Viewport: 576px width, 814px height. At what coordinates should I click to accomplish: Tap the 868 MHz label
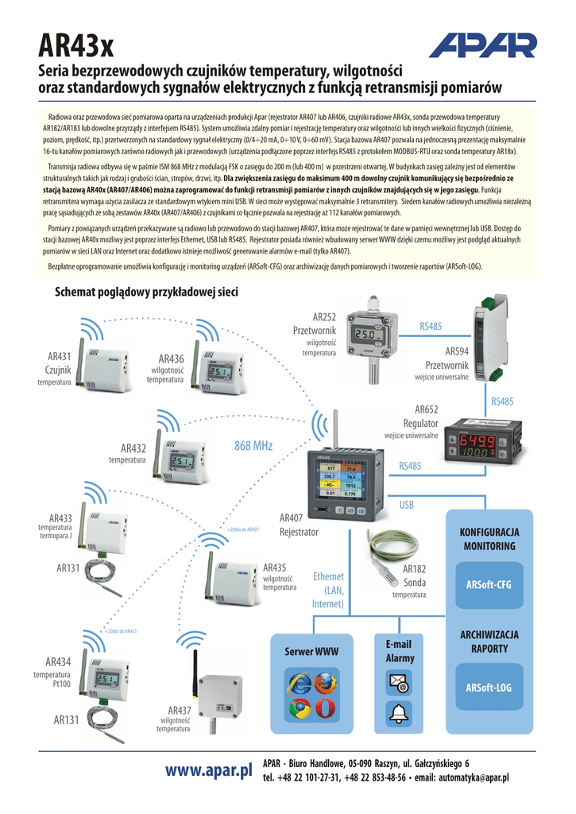pyautogui.click(x=253, y=446)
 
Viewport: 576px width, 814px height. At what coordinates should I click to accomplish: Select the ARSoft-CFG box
pyautogui.click(x=488, y=585)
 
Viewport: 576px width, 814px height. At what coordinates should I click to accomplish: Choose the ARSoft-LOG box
pyautogui.click(x=488, y=688)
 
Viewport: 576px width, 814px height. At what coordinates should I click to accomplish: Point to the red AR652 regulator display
pyautogui.click(x=475, y=441)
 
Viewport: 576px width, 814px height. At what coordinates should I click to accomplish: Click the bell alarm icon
pyautogui.click(x=397, y=713)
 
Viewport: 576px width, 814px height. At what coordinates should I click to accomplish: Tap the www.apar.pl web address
pyautogui.click(x=208, y=769)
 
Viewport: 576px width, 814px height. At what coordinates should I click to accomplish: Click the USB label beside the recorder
pyautogui.click(x=407, y=505)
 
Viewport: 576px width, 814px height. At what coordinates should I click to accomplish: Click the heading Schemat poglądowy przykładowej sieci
pyautogui.click(x=146, y=292)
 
